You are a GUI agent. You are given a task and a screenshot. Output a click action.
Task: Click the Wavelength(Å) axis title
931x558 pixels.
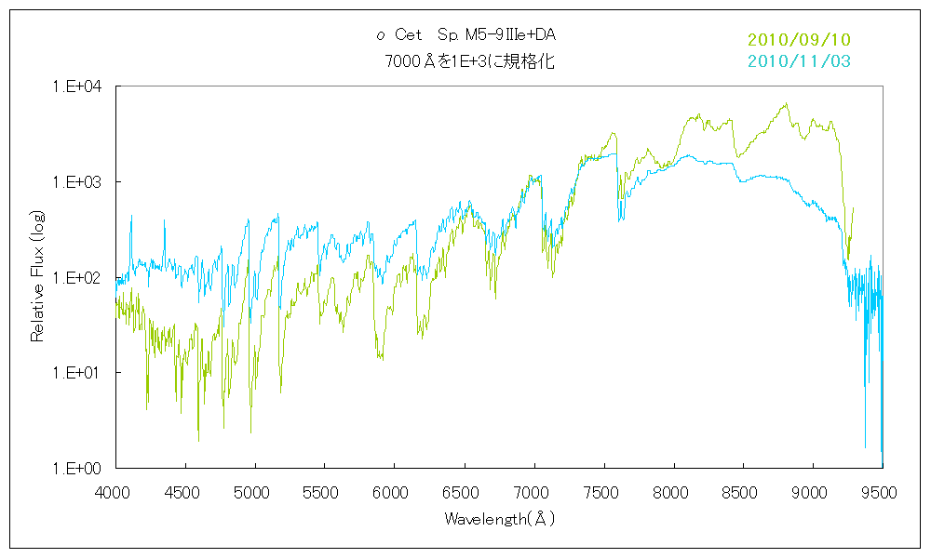(500, 519)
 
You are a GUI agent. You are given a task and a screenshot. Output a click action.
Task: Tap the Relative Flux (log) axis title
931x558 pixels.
(38, 277)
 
